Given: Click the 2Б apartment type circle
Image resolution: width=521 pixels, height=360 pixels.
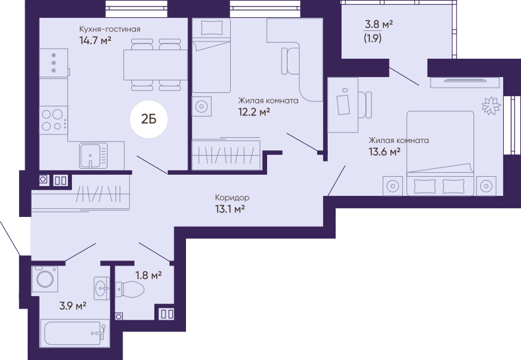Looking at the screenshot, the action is click(149, 119).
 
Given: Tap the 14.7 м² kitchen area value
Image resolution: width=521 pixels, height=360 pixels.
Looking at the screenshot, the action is click(95, 40).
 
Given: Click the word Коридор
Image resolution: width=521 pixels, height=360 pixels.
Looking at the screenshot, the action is click(232, 198).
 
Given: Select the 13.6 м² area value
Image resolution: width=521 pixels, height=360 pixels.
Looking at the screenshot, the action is click(384, 152).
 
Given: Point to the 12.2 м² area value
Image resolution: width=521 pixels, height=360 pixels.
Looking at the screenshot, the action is click(254, 112).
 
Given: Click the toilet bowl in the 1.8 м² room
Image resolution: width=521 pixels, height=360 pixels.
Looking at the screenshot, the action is click(129, 289).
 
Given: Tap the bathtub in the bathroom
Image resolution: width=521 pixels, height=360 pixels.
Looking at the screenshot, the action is click(75, 334).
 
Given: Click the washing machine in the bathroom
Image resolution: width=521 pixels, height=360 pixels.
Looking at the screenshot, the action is click(45, 279).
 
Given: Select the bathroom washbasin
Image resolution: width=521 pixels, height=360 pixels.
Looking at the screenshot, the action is click(102, 288).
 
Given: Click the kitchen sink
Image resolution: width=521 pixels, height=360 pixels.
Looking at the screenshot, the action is click(94, 156).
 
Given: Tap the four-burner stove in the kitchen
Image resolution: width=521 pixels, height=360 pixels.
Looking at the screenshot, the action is click(53, 120).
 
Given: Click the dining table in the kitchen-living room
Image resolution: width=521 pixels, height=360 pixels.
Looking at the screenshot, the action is click(156, 65).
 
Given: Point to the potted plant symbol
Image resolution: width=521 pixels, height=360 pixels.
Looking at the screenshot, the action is click(491, 105).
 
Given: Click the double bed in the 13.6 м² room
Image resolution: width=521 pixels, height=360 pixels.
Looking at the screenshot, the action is click(441, 153).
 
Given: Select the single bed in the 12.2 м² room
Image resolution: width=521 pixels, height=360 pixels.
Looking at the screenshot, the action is click(211, 55).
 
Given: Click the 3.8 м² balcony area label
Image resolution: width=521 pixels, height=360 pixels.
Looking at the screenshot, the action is click(379, 24).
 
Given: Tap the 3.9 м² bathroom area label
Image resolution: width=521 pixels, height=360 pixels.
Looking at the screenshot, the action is click(73, 305).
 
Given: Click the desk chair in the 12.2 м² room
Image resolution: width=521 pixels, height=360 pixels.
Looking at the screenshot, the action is click(290, 61).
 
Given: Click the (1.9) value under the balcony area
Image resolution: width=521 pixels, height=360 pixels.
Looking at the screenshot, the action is click(373, 38).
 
